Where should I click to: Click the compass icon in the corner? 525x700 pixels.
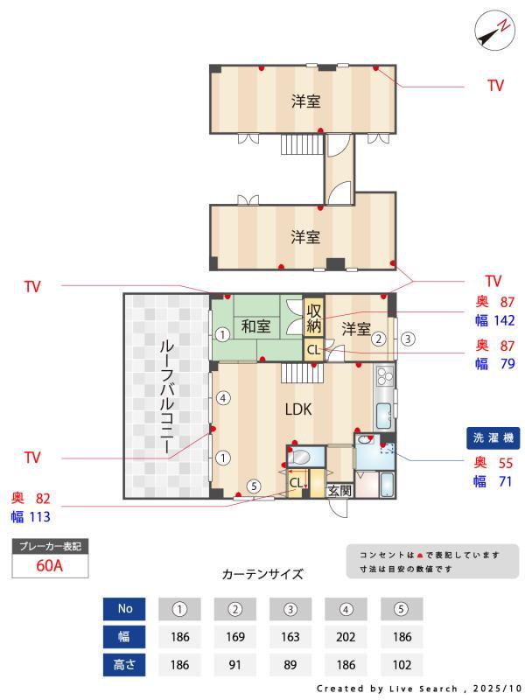(494, 31)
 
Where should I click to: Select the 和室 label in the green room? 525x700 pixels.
(255, 327)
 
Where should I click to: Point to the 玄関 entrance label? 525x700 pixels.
(339, 491)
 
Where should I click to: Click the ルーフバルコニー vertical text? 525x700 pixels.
(165, 395)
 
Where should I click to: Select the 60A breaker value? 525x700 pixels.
(50, 565)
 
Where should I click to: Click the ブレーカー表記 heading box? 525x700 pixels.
(50, 546)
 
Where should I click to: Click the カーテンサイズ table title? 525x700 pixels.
(262, 574)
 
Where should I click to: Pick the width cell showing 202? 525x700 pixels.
(346, 636)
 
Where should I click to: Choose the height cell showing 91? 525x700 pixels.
(234, 664)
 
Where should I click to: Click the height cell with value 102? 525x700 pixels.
(402, 664)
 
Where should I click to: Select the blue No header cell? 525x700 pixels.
(124, 608)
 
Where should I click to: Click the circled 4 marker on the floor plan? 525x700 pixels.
(223, 398)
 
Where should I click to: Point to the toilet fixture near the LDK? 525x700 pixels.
(300, 457)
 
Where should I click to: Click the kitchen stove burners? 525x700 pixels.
(385, 377)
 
